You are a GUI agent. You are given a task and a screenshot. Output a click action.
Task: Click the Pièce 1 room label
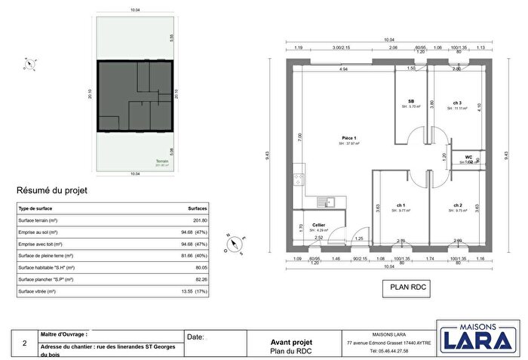click(x=348, y=138)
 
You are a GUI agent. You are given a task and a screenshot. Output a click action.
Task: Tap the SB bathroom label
click(x=411, y=101)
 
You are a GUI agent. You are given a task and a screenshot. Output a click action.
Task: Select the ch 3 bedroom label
click(x=458, y=103)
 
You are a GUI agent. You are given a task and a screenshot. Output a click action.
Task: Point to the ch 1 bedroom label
click(x=401, y=205)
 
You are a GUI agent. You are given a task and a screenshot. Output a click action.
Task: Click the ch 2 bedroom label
click(x=458, y=205)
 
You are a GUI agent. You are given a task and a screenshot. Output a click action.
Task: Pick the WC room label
click(x=468, y=158)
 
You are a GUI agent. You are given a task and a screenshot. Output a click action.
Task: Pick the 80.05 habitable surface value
click(x=200, y=267)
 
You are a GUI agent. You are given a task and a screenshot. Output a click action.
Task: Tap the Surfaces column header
click(x=198, y=208)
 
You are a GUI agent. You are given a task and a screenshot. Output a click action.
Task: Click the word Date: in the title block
click(x=195, y=337)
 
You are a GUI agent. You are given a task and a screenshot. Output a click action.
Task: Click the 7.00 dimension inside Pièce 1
click(x=299, y=138)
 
